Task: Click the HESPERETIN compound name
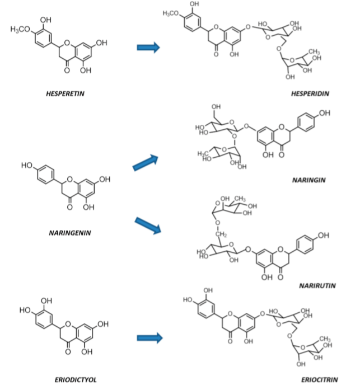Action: [66, 94]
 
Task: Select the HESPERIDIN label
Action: [310, 94]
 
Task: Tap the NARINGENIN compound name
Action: [68, 233]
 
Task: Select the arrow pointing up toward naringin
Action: [145, 163]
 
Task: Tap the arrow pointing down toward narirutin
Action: [148, 225]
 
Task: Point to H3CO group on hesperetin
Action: [20, 29]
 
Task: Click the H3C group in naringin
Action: [203, 153]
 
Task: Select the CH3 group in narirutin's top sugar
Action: [241, 199]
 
